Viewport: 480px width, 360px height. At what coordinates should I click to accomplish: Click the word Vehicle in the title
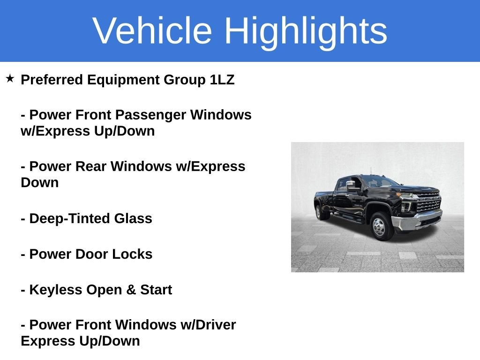(152, 30)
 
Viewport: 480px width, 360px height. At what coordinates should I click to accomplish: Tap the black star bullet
(10, 78)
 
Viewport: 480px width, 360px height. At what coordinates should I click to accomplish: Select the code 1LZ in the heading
(222, 80)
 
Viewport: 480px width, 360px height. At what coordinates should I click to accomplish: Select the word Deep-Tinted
(69, 219)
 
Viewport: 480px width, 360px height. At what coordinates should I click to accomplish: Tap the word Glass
(133, 218)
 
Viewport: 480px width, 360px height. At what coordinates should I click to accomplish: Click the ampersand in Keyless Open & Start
(131, 290)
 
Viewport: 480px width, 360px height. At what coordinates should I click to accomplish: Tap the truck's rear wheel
(320, 212)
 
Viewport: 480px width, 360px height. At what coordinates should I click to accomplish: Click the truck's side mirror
(352, 186)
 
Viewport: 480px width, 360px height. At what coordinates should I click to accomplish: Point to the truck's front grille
(429, 202)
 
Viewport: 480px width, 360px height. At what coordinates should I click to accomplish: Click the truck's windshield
(380, 182)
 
